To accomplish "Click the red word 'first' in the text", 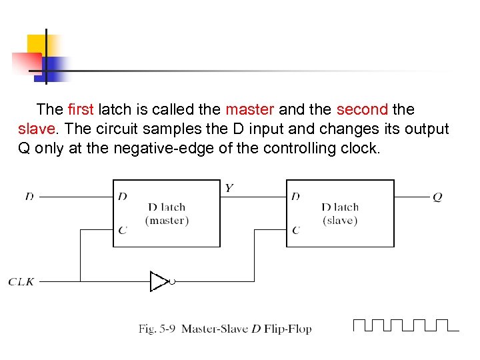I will (82, 109).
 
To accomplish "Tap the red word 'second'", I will (362, 109).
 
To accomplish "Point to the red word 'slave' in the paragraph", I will (37, 128).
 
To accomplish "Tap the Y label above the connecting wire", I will (229, 188).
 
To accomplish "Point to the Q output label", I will (437, 197).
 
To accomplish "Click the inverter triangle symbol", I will (159, 282).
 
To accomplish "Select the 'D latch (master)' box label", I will (167, 213).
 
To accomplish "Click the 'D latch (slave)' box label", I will (340, 213).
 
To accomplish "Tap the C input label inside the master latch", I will (122, 231).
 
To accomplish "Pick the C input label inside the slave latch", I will (295, 231).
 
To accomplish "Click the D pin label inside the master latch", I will (122, 197).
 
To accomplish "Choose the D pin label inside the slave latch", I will (295, 197).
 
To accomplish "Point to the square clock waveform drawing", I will (405, 325).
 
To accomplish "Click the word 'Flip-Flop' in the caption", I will (289, 329).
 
